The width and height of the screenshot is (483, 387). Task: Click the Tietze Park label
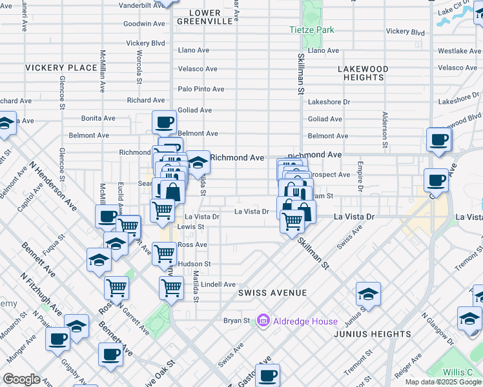311,30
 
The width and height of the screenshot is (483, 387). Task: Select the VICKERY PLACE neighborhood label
61,68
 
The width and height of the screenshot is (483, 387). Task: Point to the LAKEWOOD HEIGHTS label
364,73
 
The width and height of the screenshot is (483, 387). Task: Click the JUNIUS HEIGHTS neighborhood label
372,334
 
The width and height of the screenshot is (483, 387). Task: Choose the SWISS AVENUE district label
272,293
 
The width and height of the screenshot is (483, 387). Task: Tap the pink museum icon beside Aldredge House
263,321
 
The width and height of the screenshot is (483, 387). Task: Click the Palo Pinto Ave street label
201,89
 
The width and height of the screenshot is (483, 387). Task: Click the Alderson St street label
384,129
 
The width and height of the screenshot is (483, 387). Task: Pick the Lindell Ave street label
218,284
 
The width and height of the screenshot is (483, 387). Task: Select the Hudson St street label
194,264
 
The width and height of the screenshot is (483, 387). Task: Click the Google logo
21,379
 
